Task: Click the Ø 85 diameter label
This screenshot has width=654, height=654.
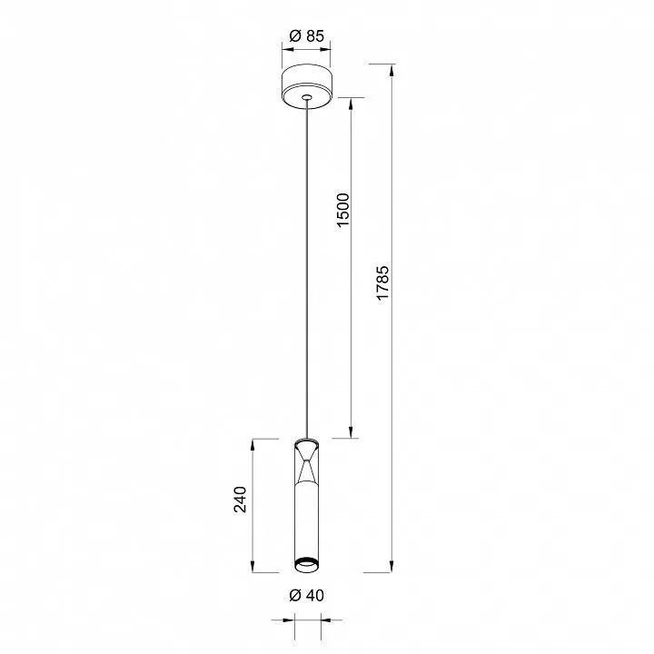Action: tap(307, 36)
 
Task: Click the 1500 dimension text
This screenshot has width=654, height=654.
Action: tap(342, 210)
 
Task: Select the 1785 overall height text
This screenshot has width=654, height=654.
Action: tap(382, 282)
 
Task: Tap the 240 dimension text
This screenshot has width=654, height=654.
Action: tap(240, 500)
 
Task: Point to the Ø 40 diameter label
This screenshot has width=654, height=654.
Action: tap(307, 595)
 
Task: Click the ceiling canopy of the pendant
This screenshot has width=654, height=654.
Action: tap(307, 86)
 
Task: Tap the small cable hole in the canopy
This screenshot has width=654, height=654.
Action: tap(307, 97)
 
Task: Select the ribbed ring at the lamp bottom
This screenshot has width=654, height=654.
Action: tap(307, 563)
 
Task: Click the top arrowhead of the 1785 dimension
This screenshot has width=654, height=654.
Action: tap(391, 71)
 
